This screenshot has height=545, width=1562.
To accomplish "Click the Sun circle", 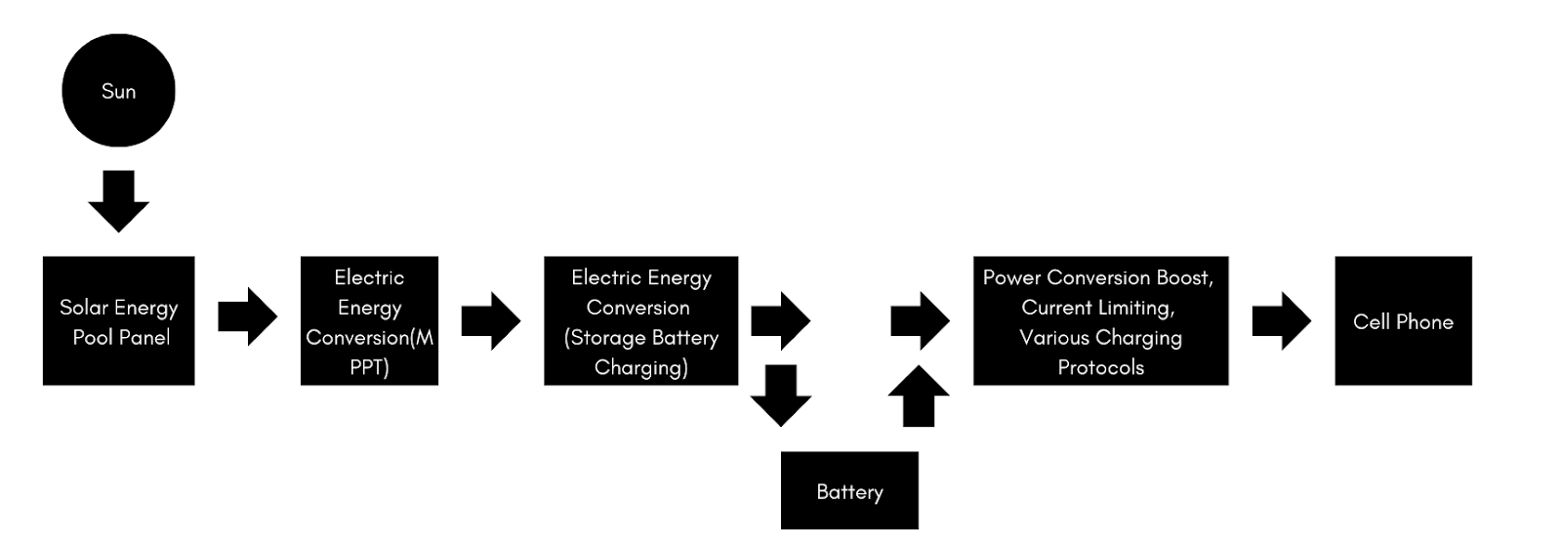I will coord(118,91).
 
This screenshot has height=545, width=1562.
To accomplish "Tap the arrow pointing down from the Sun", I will coord(118,202).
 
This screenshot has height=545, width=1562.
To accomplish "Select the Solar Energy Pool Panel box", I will coord(118,320).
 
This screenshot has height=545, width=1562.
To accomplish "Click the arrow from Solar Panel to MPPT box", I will coord(247,317).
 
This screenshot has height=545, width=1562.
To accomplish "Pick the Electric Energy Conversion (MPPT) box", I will coord(369,320).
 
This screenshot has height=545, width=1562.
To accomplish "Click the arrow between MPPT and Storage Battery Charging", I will coord(490,320).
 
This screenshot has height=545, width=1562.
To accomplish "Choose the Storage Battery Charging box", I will coord(640,320).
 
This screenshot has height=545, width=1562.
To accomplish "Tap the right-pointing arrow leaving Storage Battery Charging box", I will coord(780,320).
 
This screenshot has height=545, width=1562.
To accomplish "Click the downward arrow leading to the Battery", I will coord(780,396).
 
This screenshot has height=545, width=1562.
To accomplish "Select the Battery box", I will coord(849,490).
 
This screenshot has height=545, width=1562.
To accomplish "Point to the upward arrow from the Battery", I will coord(919,396).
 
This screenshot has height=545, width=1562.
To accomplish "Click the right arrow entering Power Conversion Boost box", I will coord(920,320).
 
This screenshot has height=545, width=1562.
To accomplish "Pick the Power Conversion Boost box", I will coord(1100,320).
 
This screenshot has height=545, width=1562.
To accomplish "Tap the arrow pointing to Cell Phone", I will coord(1281,320).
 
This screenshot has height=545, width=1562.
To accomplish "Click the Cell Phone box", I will coord(1403,320).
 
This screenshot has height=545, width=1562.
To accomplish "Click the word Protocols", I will coord(1100,368).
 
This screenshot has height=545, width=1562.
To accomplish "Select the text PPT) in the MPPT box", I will coord(369,368).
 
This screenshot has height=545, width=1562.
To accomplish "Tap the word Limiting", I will coord(1135,308).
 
